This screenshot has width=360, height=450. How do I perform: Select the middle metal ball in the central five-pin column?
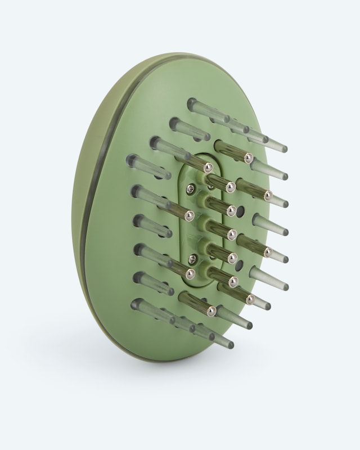click(x=231, y=235)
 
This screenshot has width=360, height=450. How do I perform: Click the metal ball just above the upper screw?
click(x=209, y=166)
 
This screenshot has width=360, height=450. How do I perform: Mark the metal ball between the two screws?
click(x=190, y=214)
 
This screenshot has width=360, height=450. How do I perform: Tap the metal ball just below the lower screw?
click(x=191, y=274)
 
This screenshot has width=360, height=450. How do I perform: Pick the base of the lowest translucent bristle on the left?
click(x=137, y=304)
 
